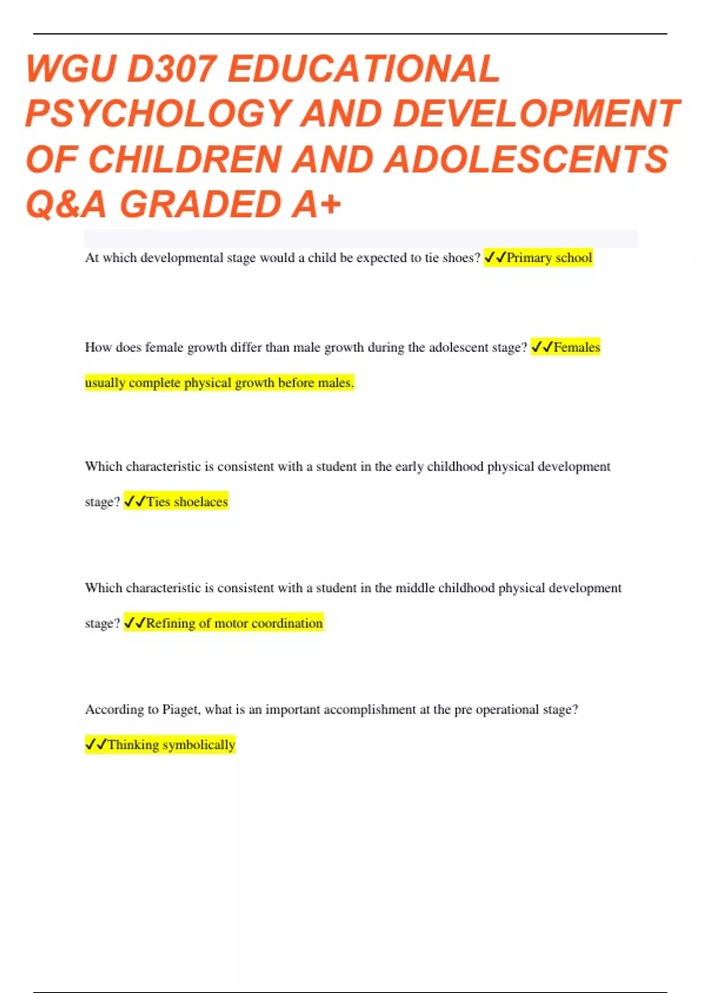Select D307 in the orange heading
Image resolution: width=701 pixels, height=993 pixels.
coord(170,69)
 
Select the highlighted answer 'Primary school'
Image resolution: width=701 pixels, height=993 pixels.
coord(549,258)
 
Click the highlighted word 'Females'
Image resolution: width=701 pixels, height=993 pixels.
coord(577,348)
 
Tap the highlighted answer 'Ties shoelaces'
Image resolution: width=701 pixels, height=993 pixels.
coord(187,502)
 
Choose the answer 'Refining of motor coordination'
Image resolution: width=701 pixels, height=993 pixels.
coord(234,623)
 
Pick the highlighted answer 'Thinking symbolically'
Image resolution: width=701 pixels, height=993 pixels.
coord(171,745)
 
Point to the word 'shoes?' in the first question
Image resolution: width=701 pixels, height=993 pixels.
coord(461,258)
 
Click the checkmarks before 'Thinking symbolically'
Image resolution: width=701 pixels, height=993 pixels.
coord(96,745)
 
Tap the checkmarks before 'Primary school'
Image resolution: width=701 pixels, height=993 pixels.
coord(495,258)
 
